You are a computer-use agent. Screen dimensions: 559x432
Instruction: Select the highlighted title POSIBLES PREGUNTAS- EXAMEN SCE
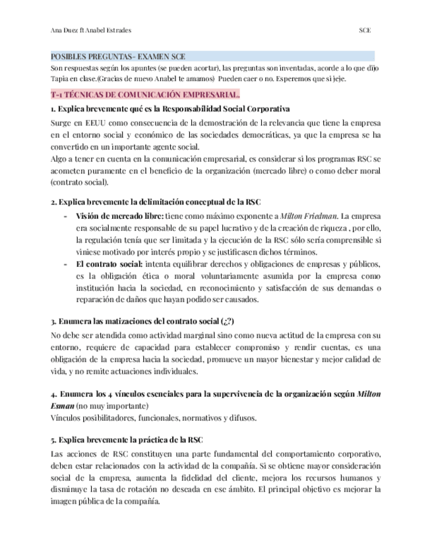tap(119, 57)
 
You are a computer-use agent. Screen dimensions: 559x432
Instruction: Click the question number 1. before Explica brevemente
tap(53, 109)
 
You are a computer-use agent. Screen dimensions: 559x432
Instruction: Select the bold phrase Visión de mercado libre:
tap(119, 216)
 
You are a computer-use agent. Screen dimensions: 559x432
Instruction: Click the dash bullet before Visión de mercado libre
tap(65, 216)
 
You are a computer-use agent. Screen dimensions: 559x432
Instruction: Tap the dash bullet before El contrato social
tap(65, 264)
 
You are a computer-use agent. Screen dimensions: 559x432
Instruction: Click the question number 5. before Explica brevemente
tap(53, 439)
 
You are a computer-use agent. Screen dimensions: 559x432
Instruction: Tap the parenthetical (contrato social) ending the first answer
tap(78, 182)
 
